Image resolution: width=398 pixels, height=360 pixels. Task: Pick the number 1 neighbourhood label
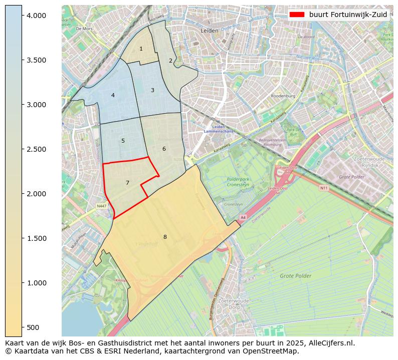click(141, 49)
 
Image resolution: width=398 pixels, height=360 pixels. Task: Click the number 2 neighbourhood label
click(170, 61)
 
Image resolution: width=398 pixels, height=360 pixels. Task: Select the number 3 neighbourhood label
click(152, 90)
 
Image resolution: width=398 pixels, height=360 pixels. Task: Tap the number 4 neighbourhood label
click(113, 95)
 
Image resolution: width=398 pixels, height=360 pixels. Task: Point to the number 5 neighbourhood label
click(123, 141)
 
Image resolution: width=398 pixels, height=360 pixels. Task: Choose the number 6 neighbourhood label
click(164, 149)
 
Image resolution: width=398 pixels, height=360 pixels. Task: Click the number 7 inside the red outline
click(127, 183)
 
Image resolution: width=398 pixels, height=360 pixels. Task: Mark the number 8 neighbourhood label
click(164, 237)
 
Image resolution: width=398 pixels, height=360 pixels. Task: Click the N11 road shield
click(324, 188)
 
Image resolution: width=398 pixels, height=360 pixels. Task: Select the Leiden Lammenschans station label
click(217, 129)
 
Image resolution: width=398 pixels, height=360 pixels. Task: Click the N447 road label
click(102, 206)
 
